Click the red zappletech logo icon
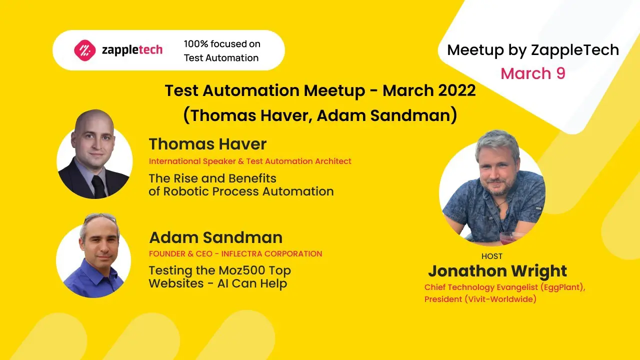point(84,50)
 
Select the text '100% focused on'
point(221,44)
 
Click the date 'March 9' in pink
point(533,73)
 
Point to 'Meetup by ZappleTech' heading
point(533,50)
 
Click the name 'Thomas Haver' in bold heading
point(207,144)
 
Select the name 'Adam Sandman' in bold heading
point(215,237)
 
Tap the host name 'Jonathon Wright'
point(497,271)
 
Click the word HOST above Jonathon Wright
point(491,256)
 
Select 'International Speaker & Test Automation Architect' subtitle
point(250,161)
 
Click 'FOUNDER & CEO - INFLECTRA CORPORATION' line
point(235,253)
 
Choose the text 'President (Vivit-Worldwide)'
point(480,299)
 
